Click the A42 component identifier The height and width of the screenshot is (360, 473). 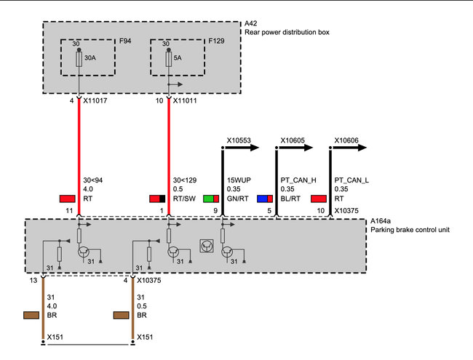252,23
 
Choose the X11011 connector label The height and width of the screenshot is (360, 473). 188,101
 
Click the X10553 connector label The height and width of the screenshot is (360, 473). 239,138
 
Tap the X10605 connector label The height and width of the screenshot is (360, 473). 293,138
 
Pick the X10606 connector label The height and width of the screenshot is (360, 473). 346,138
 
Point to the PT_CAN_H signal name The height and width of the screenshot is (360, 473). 297,178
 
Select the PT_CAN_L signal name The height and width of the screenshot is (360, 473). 351,178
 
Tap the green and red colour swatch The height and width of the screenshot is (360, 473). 211,199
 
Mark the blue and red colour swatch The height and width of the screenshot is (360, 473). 265,199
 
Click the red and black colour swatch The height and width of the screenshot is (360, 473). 157,199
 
